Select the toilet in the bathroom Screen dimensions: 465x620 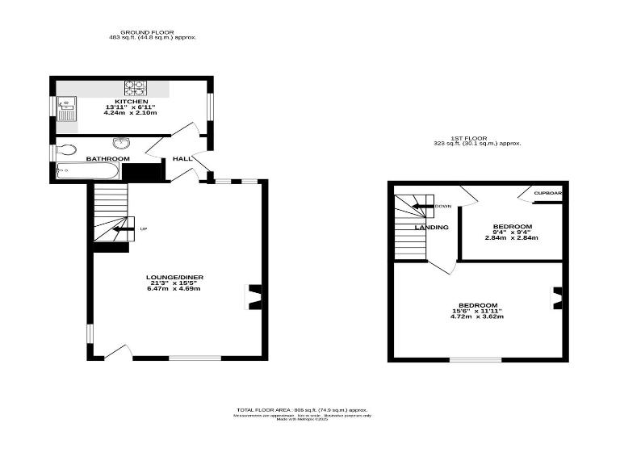coord(66,149)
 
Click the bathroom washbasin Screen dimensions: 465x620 coord(123,144)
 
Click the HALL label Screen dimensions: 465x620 coord(182,159)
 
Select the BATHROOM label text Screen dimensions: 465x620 coord(108,159)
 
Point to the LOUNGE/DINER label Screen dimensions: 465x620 coord(174,278)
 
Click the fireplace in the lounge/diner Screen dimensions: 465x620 coord(253,297)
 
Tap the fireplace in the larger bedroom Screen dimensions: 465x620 coord(556,298)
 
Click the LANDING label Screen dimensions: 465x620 coord(431,228)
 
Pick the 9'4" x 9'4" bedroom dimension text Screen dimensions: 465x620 coord(513,232)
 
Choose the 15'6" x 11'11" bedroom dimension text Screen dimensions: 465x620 coord(476,311)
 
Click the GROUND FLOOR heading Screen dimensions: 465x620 coord(153,32)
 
